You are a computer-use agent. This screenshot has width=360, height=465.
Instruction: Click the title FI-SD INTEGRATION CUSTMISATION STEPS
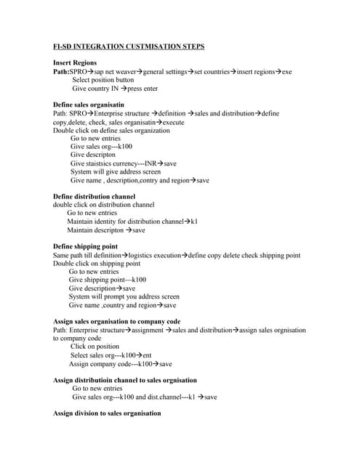click(x=129, y=46)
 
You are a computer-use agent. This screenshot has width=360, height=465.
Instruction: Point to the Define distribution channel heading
click(x=95, y=196)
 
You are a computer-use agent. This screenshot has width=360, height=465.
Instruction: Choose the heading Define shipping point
click(x=86, y=246)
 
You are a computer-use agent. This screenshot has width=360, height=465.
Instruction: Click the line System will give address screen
click(x=116, y=171)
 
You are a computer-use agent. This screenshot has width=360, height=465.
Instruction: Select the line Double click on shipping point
click(x=98, y=263)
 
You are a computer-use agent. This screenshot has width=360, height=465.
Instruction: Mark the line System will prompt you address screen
click(x=124, y=296)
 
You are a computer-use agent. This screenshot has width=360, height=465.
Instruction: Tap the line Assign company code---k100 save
click(x=121, y=363)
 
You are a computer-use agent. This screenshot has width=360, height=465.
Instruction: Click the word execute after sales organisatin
click(x=172, y=122)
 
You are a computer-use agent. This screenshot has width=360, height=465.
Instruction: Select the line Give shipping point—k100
click(x=108, y=280)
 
